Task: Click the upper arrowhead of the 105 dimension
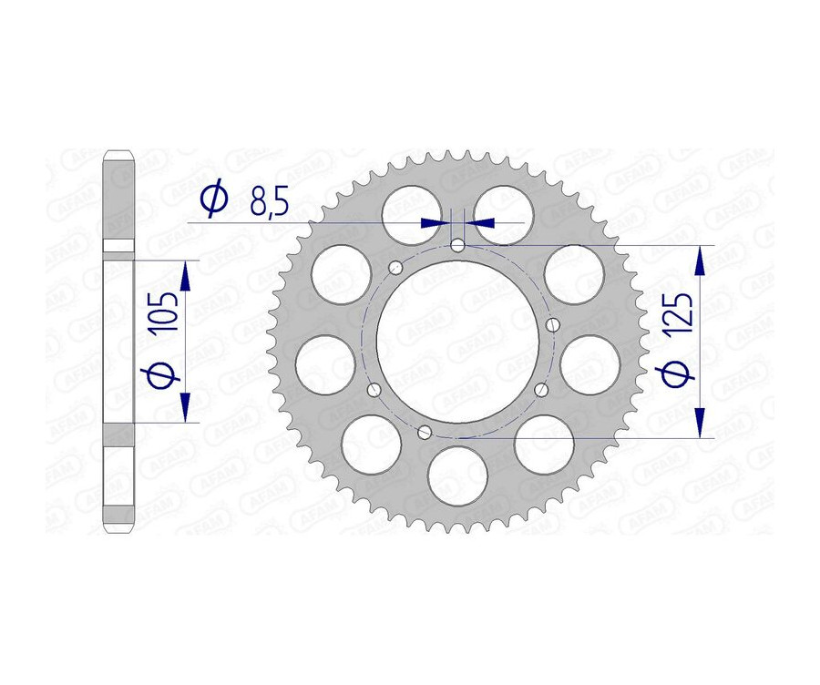coord(186,276)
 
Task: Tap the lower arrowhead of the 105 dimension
coord(186,408)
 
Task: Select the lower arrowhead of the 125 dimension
coord(700,422)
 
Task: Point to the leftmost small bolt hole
coord(373,390)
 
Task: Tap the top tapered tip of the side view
coord(119,155)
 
